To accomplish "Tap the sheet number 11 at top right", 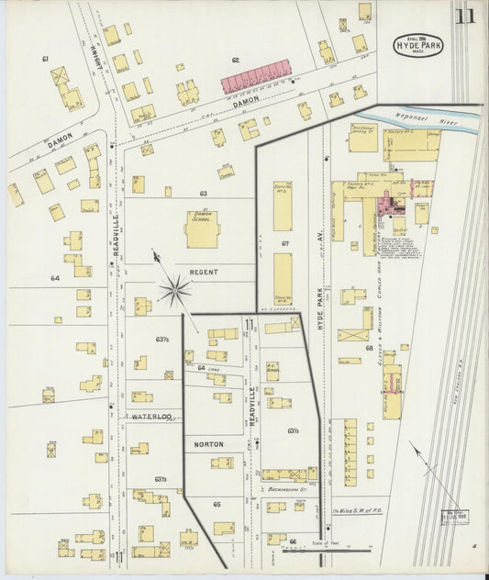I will click(465, 16).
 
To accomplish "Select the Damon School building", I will click(202, 228).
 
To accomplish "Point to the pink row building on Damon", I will click(257, 77).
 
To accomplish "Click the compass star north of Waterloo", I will click(173, 292).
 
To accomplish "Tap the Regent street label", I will click(204, 273).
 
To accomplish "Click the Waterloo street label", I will click(150, 416).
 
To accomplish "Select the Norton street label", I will click(208, 444).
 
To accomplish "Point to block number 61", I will click(44, 59).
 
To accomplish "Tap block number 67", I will click(285, 243).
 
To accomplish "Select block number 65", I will click(217, 504).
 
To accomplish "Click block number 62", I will click(235, 60).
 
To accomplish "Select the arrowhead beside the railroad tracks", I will click(413, 448).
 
